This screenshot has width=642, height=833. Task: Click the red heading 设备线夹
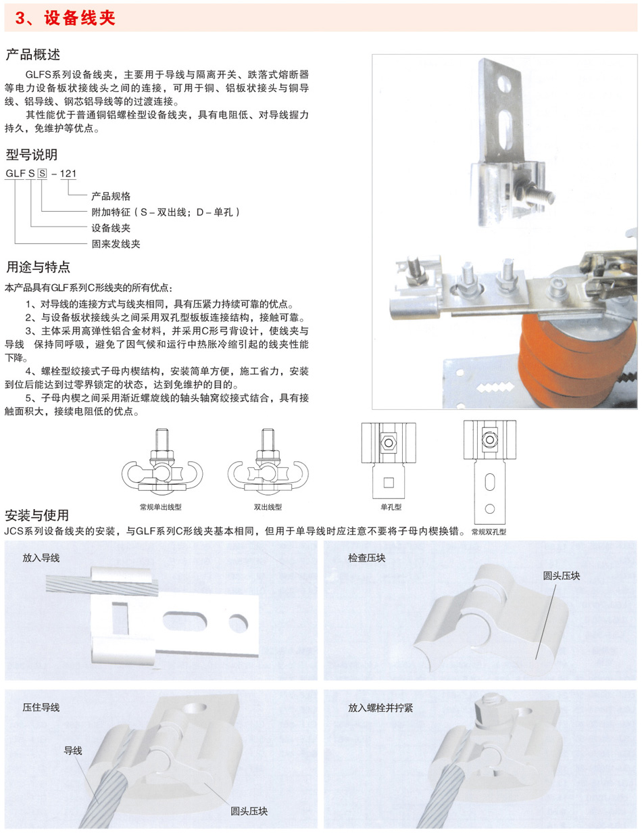coord(80,18)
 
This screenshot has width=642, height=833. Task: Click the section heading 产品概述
coord(33,55)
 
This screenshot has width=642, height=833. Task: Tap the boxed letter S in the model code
coord(42,173)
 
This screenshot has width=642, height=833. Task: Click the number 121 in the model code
coord(68,173)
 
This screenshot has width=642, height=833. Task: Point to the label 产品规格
coord(111,196)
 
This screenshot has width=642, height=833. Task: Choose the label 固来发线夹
coord(116,244)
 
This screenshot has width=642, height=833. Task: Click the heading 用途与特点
coord(38,267)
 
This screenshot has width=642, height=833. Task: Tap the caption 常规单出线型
coord(161,507)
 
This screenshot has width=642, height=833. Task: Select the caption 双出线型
coord(268,507)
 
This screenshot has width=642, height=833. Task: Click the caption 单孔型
coord(391,507)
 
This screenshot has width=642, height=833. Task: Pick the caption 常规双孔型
coord(489,531)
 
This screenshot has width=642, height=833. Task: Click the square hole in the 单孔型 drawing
coord(389,482)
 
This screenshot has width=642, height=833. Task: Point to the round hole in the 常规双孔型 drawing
coord(489,508)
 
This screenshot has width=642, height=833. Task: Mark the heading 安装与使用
coord(36,515)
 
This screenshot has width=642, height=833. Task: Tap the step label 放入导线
coord(41,558)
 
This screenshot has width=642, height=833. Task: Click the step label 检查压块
coord(366,558)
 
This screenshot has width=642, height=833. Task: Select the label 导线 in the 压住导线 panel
coord(73,751)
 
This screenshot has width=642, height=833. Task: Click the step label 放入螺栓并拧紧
coord(380,708)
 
